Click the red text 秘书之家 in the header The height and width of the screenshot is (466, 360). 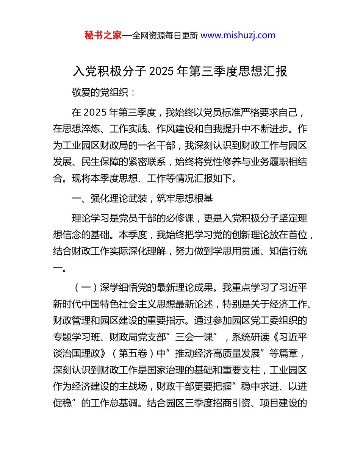pos(103,36)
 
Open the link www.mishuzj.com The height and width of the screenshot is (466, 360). pos(238,36)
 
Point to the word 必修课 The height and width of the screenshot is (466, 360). pos(180,219)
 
